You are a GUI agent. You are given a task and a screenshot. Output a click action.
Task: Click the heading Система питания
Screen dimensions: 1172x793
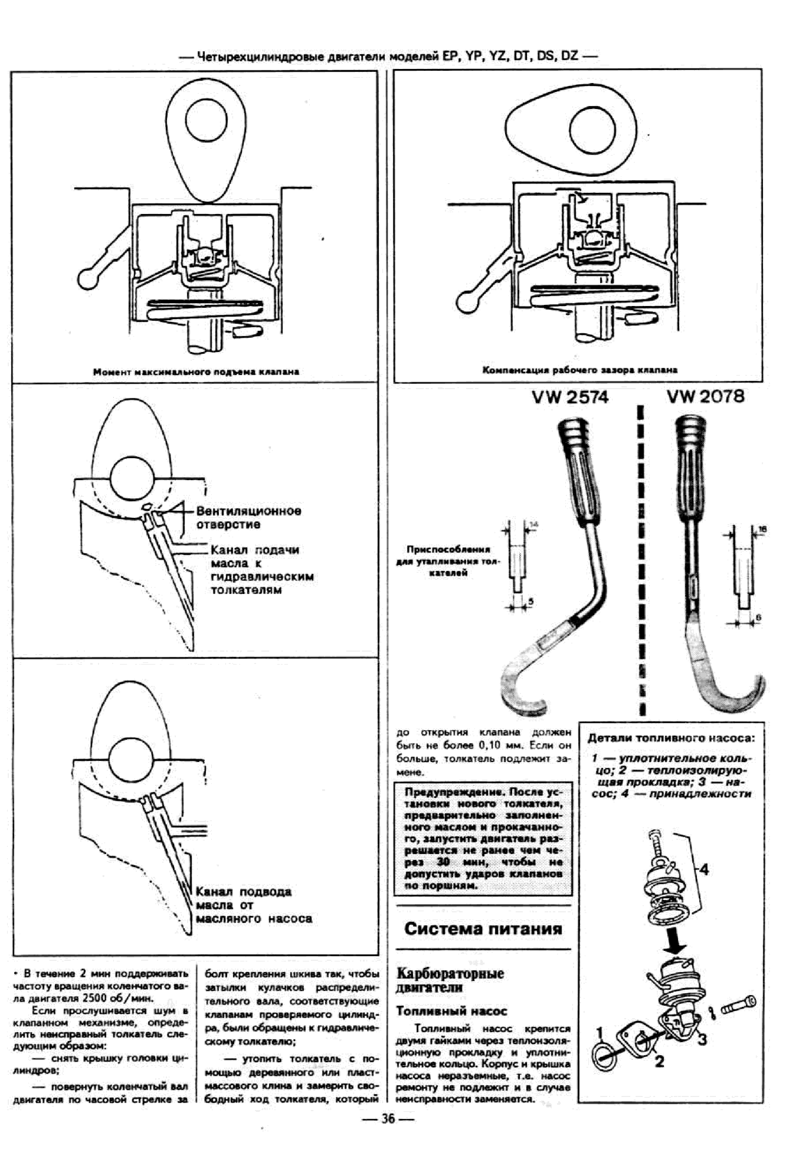(x=482, y=929)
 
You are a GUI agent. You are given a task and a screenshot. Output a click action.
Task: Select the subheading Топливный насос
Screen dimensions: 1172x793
(x=451, y=1011)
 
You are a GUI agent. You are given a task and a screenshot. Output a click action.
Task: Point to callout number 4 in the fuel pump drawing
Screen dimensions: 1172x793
(x=704, y=870)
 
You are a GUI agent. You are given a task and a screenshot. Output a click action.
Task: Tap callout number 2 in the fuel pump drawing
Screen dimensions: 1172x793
(x=659, y=1062)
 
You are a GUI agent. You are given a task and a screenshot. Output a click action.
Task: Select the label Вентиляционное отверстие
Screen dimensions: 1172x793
(x=249, y=518)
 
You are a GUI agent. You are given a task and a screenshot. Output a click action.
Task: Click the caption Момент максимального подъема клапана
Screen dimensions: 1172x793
(x=196, y=372)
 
